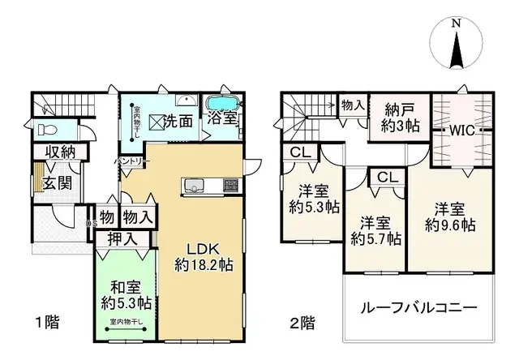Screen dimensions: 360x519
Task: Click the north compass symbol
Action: [457, 46]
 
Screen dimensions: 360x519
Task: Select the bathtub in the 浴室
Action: [220, 106]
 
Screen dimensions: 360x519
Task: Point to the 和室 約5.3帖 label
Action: [126, 294]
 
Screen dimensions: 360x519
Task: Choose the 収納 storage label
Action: [60, 151]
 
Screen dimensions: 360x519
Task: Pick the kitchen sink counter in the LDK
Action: [199, 186]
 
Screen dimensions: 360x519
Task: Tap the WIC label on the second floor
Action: [464, 130]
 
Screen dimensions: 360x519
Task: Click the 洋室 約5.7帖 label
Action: [375, 229]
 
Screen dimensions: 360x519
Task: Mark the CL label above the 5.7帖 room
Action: [386, 177]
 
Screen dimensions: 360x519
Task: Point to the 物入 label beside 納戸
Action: [353, 105]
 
